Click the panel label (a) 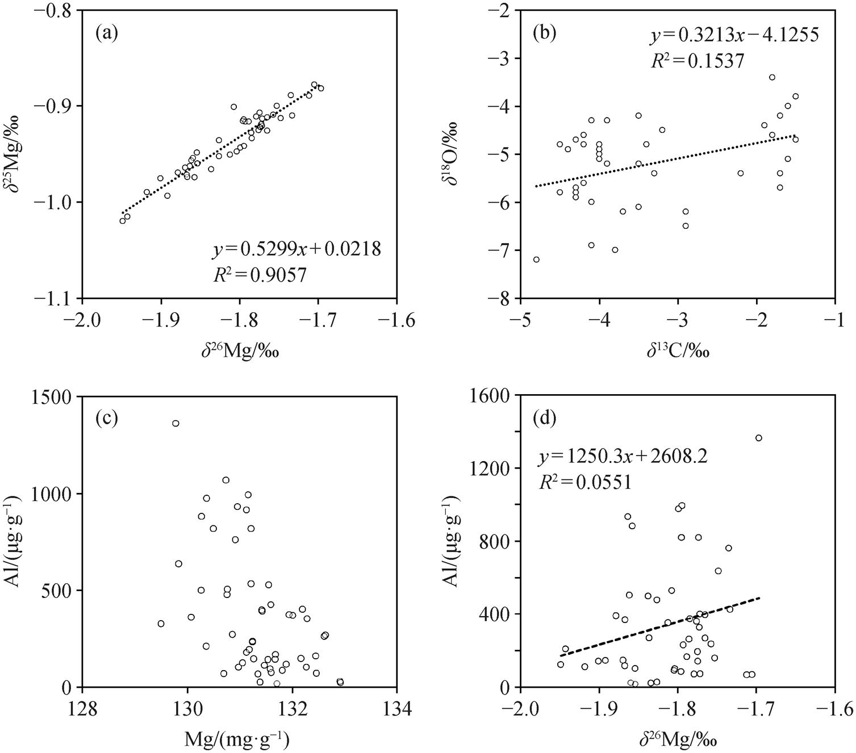point(107,35)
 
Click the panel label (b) point(544,35)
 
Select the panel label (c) point(107,419)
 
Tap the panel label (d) point(544,419)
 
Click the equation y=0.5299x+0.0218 point(297,249)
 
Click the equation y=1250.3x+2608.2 point(623,456)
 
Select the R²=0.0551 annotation point(585,482)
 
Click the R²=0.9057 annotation point(260,275)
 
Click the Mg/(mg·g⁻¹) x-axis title point(237,739)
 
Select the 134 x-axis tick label point(396,709)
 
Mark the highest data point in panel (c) point(176,423)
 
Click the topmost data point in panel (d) point(758,438)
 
